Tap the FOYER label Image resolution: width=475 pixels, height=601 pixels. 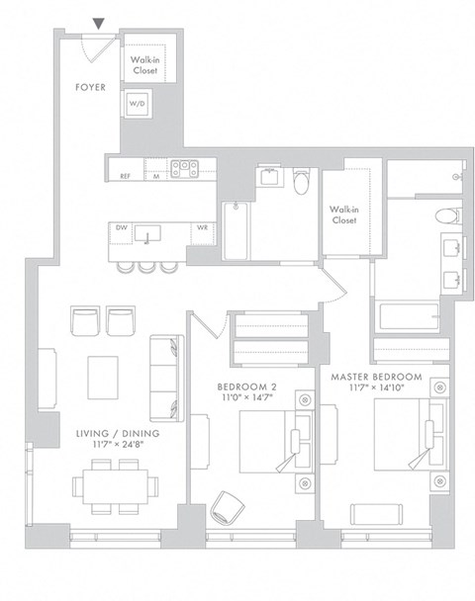click(91, 87)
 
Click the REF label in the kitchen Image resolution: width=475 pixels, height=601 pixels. click(126, 176)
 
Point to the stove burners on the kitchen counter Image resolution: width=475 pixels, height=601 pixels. click(181, 169)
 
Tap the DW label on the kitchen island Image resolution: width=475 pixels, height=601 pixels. click(122, 227)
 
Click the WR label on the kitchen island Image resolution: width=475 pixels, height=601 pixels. click(202, 227)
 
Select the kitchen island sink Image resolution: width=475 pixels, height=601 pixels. click(149, 233)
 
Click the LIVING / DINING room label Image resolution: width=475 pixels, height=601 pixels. click(118, 433)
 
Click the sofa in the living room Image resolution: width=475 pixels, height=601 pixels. click(165, 377)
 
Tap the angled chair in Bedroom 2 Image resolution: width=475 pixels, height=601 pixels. click(226, 506)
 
